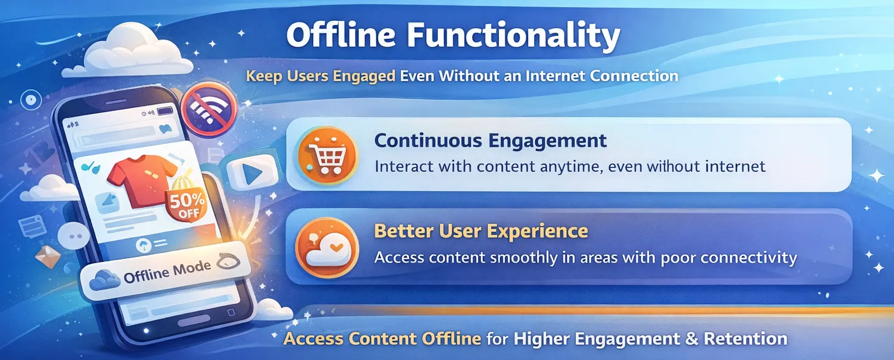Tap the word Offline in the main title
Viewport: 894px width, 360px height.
332,37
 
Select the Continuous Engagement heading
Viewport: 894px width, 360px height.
490,141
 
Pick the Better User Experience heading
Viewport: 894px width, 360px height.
480,231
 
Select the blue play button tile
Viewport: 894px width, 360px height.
250,173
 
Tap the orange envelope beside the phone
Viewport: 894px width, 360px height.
48,256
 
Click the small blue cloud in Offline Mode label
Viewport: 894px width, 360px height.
105,280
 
